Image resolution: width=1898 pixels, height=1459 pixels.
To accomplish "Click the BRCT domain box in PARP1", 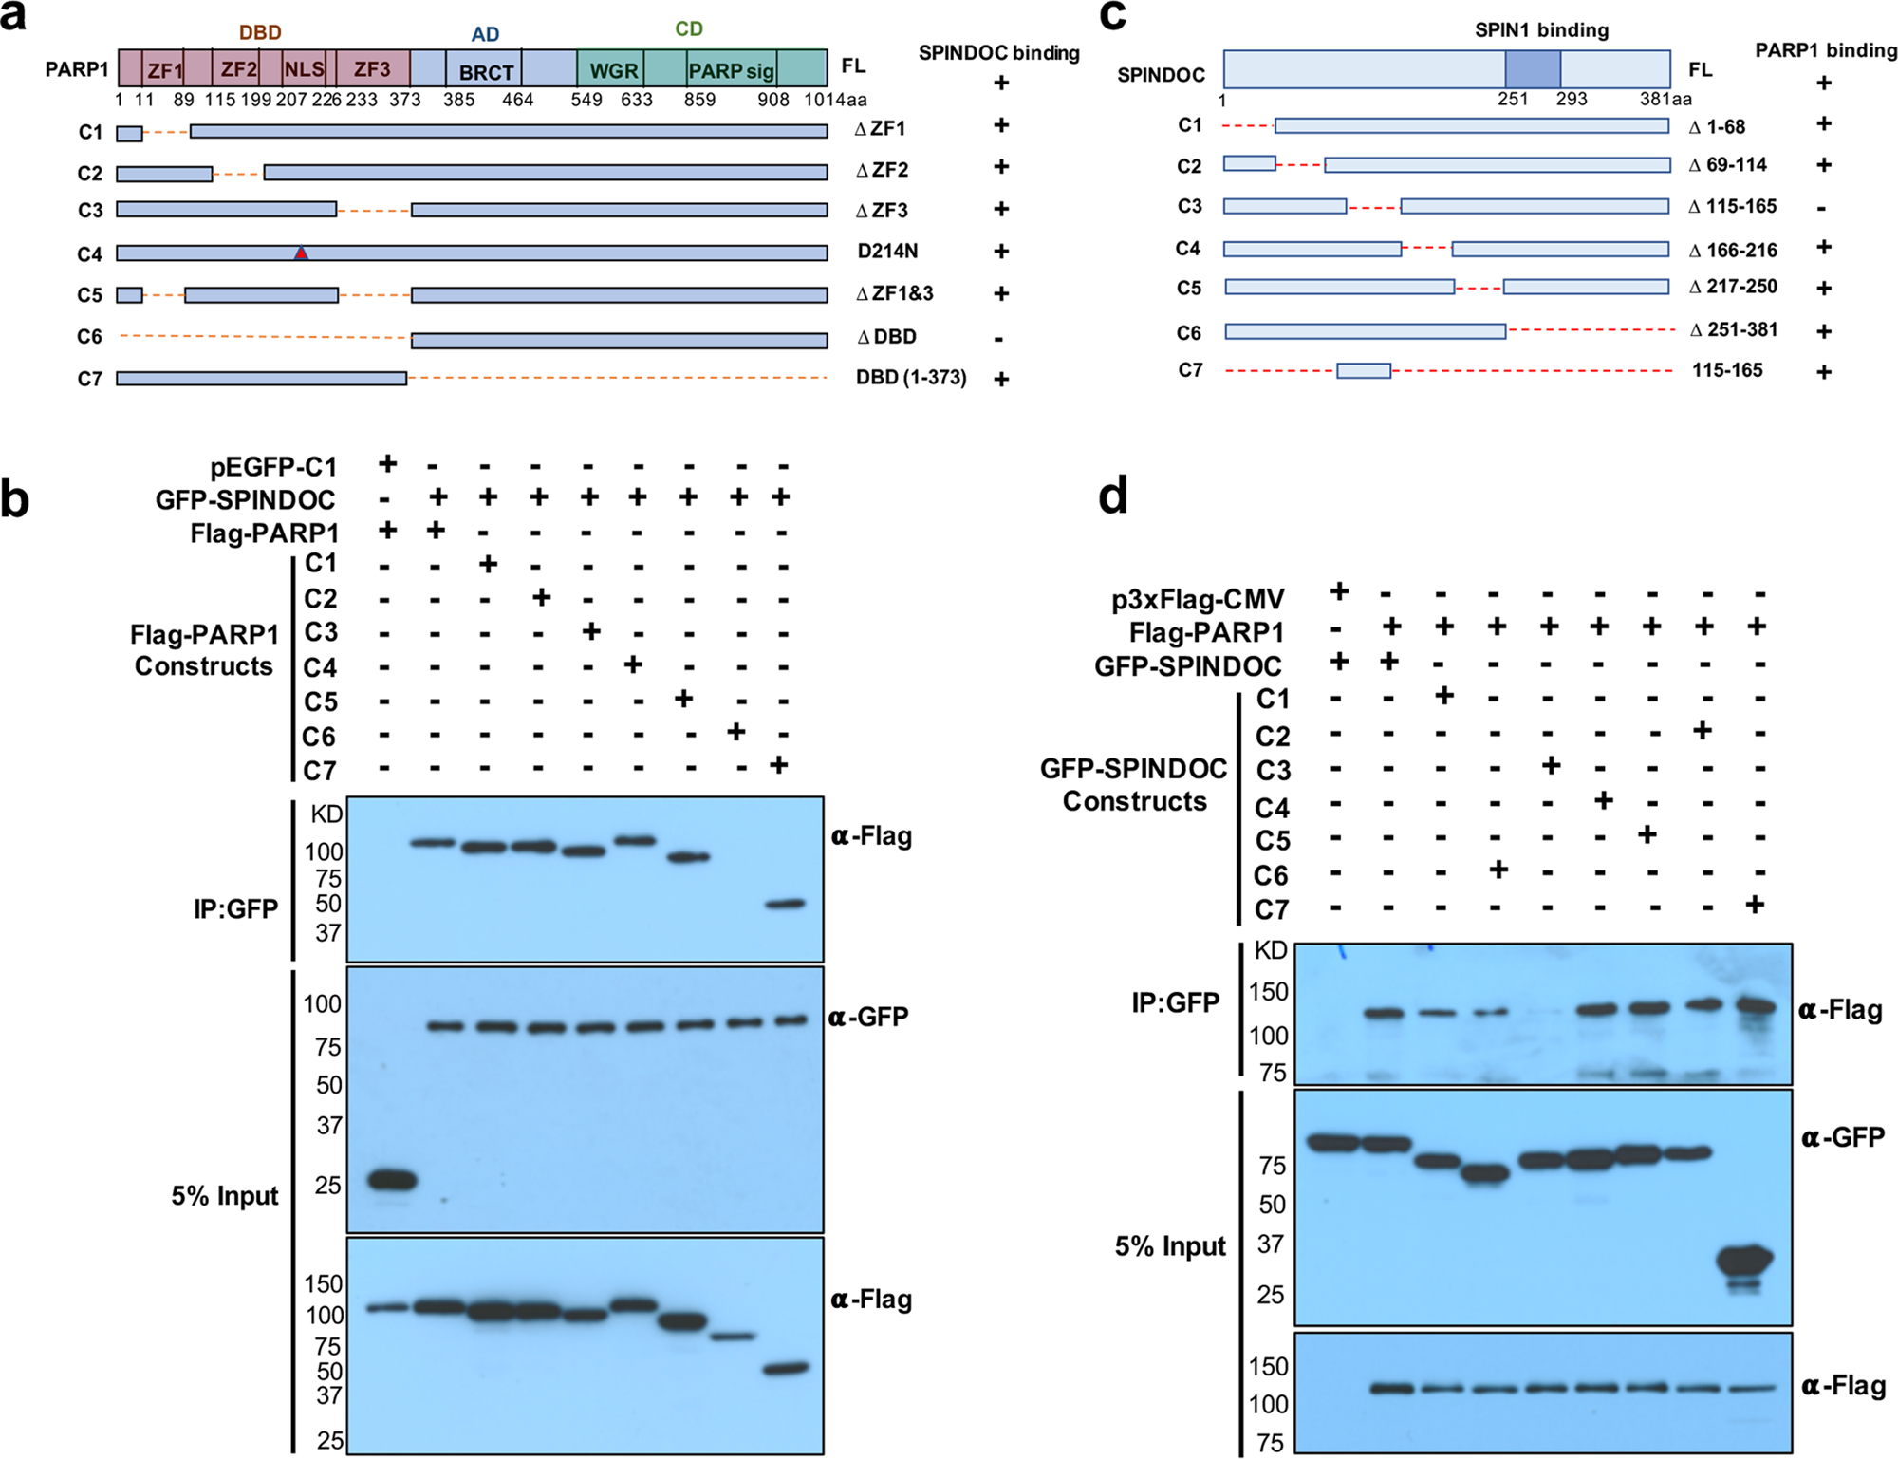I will [486, 71].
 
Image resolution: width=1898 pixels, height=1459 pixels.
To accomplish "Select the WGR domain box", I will [613, 71].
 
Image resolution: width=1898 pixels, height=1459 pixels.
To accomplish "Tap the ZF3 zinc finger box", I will [372, 69].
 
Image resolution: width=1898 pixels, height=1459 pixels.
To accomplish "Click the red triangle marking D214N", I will [301, 253].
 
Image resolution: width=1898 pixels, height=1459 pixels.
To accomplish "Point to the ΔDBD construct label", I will [886, 337].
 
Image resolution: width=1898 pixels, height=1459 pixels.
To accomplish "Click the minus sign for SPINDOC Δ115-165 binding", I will [1821, 208].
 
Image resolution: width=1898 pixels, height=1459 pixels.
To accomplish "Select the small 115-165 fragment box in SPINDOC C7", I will [1364, 371].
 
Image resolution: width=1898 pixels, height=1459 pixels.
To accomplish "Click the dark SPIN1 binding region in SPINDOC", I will [1533, 69].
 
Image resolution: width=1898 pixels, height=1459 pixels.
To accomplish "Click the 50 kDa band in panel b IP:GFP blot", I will [785, 904].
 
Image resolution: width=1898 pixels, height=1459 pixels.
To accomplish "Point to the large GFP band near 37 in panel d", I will [1744, 1261].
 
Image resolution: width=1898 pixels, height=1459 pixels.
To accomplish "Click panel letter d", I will [1112, 496].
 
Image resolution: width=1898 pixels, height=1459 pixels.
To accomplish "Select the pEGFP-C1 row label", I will [273, 467].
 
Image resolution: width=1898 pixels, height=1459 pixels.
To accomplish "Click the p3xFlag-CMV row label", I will [1198, 599].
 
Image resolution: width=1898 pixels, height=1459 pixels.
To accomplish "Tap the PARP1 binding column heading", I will [1825, 50].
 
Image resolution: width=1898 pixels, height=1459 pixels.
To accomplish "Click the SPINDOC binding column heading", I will [998, 53].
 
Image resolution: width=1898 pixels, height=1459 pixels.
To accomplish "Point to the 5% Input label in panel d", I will [1169, 1245].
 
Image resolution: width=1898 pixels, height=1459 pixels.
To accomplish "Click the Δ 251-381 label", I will [1733, 329].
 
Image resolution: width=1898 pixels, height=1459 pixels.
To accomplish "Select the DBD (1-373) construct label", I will [910, 378].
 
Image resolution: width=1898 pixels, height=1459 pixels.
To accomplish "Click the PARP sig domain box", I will [731, 71].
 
